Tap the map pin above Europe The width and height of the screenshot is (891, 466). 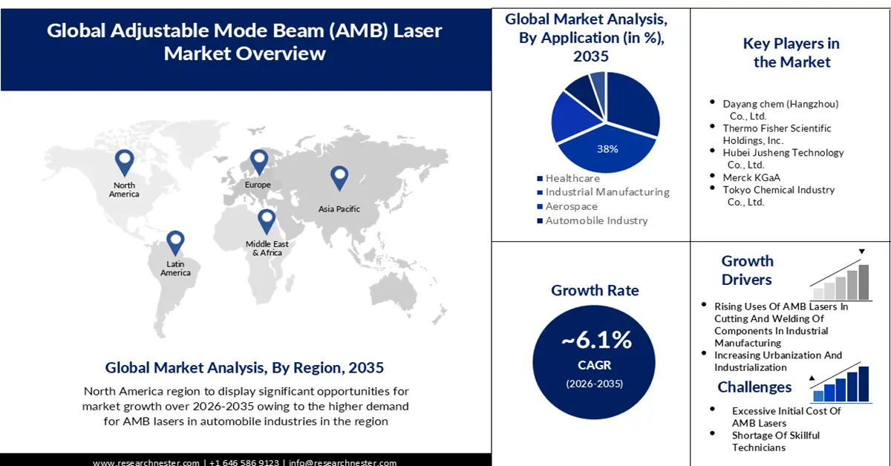258,161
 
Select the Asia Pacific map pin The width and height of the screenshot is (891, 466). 339,177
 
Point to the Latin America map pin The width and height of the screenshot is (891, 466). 175,243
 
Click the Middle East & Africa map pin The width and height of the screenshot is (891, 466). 266,220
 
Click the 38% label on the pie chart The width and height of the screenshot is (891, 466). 607,148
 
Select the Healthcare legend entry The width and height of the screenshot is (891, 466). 572,179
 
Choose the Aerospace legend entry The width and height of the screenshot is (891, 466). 571,206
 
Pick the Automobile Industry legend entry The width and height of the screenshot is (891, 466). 596,220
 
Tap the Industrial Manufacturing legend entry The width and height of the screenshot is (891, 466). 607,192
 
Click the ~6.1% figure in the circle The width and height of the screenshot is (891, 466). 595,340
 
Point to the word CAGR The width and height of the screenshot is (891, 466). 595,364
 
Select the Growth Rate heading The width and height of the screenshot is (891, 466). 595,290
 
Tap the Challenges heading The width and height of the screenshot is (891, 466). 754,387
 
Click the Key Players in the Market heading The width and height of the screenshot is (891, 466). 791,53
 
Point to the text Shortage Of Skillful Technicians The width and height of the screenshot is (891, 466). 775,441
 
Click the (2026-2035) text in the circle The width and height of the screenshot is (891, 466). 595,384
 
